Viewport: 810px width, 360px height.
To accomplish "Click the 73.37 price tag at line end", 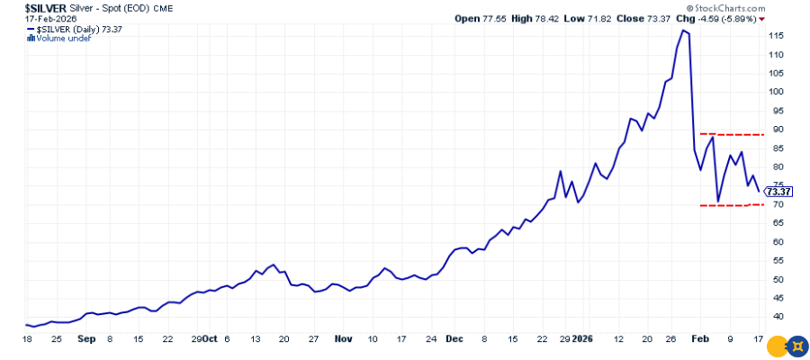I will (x=777, y=191).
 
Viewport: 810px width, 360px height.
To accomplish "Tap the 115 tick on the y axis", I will (x=774, y=35).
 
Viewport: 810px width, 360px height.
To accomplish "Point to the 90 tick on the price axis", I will (x=772, y=130).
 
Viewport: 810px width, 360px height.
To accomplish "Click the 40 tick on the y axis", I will (x=772, y=317).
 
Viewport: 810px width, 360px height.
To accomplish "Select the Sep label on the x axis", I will (x=85, y=339).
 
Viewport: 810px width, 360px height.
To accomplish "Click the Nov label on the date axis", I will (x=343, y=339).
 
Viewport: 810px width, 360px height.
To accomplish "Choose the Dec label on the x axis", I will (x=454, y=339).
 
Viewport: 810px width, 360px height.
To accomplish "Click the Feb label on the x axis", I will (x=705, y=339).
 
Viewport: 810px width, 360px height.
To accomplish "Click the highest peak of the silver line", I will (x=684, y=31).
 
